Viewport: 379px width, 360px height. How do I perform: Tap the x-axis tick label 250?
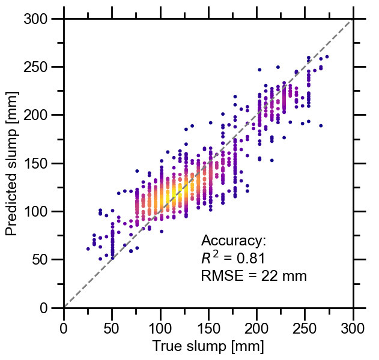click(256, 326)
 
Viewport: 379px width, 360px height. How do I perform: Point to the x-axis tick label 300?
click(353, 326)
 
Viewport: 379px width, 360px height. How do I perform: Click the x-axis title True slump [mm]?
click(208, 346)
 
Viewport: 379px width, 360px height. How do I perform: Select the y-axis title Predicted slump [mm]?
click(13, 163)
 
